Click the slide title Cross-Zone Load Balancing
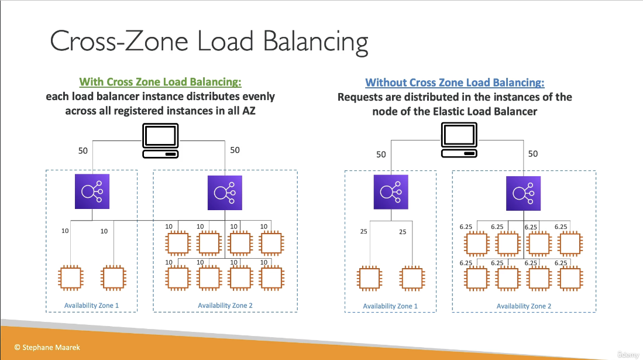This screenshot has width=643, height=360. point(209,42)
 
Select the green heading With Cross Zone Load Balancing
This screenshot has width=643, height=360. point(160,82)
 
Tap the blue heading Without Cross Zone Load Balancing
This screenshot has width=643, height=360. point(455,83)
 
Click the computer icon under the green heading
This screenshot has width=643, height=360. point(160,141)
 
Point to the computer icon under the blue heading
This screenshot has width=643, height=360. point(458,141)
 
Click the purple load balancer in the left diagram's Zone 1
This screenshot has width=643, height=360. point(92,191)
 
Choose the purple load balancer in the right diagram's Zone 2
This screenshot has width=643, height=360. point(524,193)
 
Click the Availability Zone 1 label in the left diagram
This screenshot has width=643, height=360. point(91,306)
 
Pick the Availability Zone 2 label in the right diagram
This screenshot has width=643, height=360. point(524,306)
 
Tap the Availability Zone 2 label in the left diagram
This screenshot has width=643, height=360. point(225,306)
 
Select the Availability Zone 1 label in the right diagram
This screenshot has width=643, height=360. point(390,306)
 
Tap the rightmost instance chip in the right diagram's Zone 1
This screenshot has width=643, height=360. point(412,279)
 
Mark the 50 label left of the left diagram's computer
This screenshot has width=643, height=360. point(84,150)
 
